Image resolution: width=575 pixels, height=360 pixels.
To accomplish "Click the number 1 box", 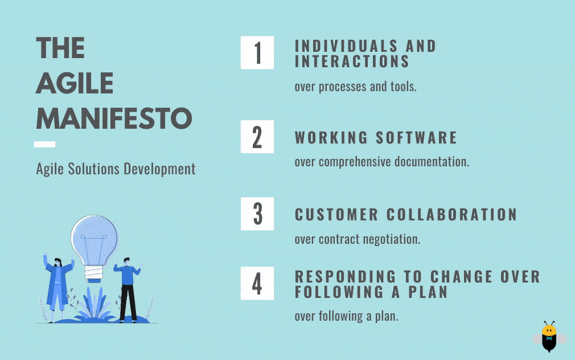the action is [x=257, y=52].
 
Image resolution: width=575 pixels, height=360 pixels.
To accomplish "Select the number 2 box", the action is [x=257, y=137].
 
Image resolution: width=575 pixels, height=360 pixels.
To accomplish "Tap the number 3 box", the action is [x=257, y=214].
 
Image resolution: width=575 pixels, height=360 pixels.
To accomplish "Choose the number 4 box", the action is [x=257, y=283].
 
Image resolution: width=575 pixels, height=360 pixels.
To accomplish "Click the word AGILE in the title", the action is [x=75, y=83].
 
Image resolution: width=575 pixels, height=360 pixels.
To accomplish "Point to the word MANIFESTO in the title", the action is [x=114, y=118].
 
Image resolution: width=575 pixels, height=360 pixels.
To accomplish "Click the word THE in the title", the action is [x=60, y=48].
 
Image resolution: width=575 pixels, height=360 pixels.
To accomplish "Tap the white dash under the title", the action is [x=45, y=144].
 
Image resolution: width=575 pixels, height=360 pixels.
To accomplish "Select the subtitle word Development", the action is [x=159, y=170].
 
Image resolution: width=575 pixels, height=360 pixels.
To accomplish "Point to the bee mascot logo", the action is [x=549, y=337].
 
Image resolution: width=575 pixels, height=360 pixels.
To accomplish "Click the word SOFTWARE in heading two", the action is [x=416, y=138].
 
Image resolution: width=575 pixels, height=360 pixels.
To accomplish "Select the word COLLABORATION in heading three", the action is [x=452, y=215].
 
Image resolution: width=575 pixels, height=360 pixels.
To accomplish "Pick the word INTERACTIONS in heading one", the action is [x=352, y=62].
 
